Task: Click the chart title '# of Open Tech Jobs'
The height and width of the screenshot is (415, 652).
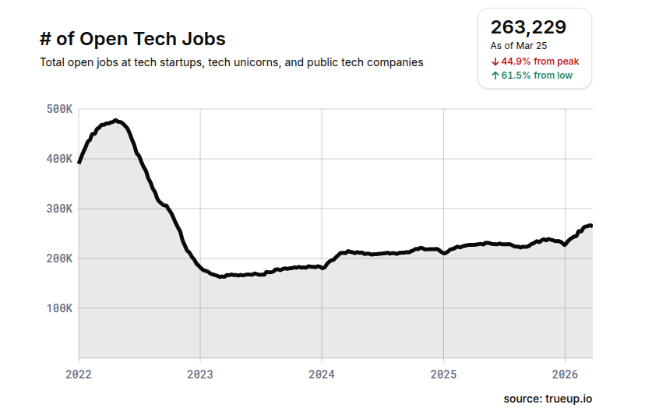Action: pyautogui.click(x=132, y=39)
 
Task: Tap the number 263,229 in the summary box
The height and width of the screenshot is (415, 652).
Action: pyautogui.click(x=528, y=27)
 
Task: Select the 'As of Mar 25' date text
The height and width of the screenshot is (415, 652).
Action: pyautogui.click(x=519, y=46)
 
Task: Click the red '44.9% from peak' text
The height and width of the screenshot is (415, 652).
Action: pyautogui.click(x=540, y=61)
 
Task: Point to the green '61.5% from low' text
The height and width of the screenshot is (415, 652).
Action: pyautogui.click(x=537, y=76)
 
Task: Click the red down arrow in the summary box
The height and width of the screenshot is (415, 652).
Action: pyautogui.click(x=495, y=61)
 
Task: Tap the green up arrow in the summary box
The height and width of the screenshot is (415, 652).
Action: pyautogui.click(x=495, y=76)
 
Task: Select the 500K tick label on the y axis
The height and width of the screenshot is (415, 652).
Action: pyautogui.click(x=59, y=109)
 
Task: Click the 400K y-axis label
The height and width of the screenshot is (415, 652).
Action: pyautogui.click(x=59, y=159)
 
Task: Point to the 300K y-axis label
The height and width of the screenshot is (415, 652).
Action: pyautogui.click(x=59, y=209)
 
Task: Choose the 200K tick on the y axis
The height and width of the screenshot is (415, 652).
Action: pyautogui.click(x=59, y=258)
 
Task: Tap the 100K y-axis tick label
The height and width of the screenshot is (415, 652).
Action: pyautogui.click(x=59, y=308)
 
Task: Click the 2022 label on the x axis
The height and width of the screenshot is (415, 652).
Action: pyautogui.click(x=79, y=374)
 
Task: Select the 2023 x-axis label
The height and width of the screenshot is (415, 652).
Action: pyautogui.click(x=200, y=374)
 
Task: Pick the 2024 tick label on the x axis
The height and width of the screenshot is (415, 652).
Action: pyautogui.click(x=322, y=374)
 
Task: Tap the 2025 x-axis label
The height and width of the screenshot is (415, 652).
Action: pyautogui.click(x=443, y=374)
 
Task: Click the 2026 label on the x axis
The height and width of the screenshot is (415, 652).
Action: pyautogui.click(x=565, y=374)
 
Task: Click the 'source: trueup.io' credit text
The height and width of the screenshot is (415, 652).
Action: pyautogui.click(x=548, y=399)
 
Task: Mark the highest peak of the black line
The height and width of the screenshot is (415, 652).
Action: pyautogui.click(x=115, y=121)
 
